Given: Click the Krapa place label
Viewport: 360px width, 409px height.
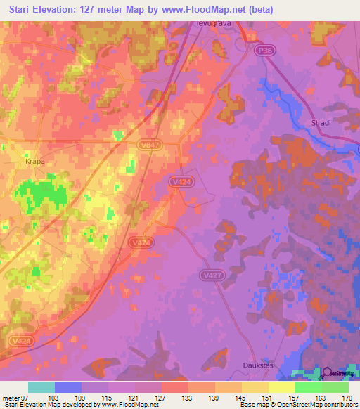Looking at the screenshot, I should [35, 161].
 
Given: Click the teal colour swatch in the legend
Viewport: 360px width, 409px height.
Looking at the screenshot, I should [41, 387].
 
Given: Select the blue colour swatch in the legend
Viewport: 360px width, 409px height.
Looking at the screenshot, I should [68, 387].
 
